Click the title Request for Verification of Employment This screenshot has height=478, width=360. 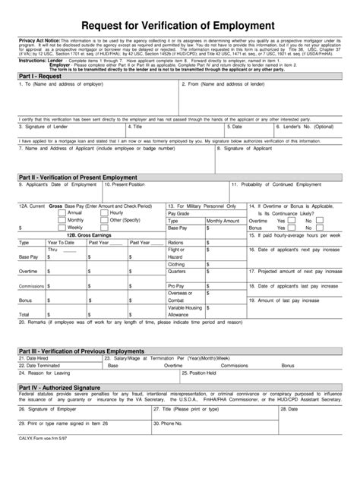click(179, 26)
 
